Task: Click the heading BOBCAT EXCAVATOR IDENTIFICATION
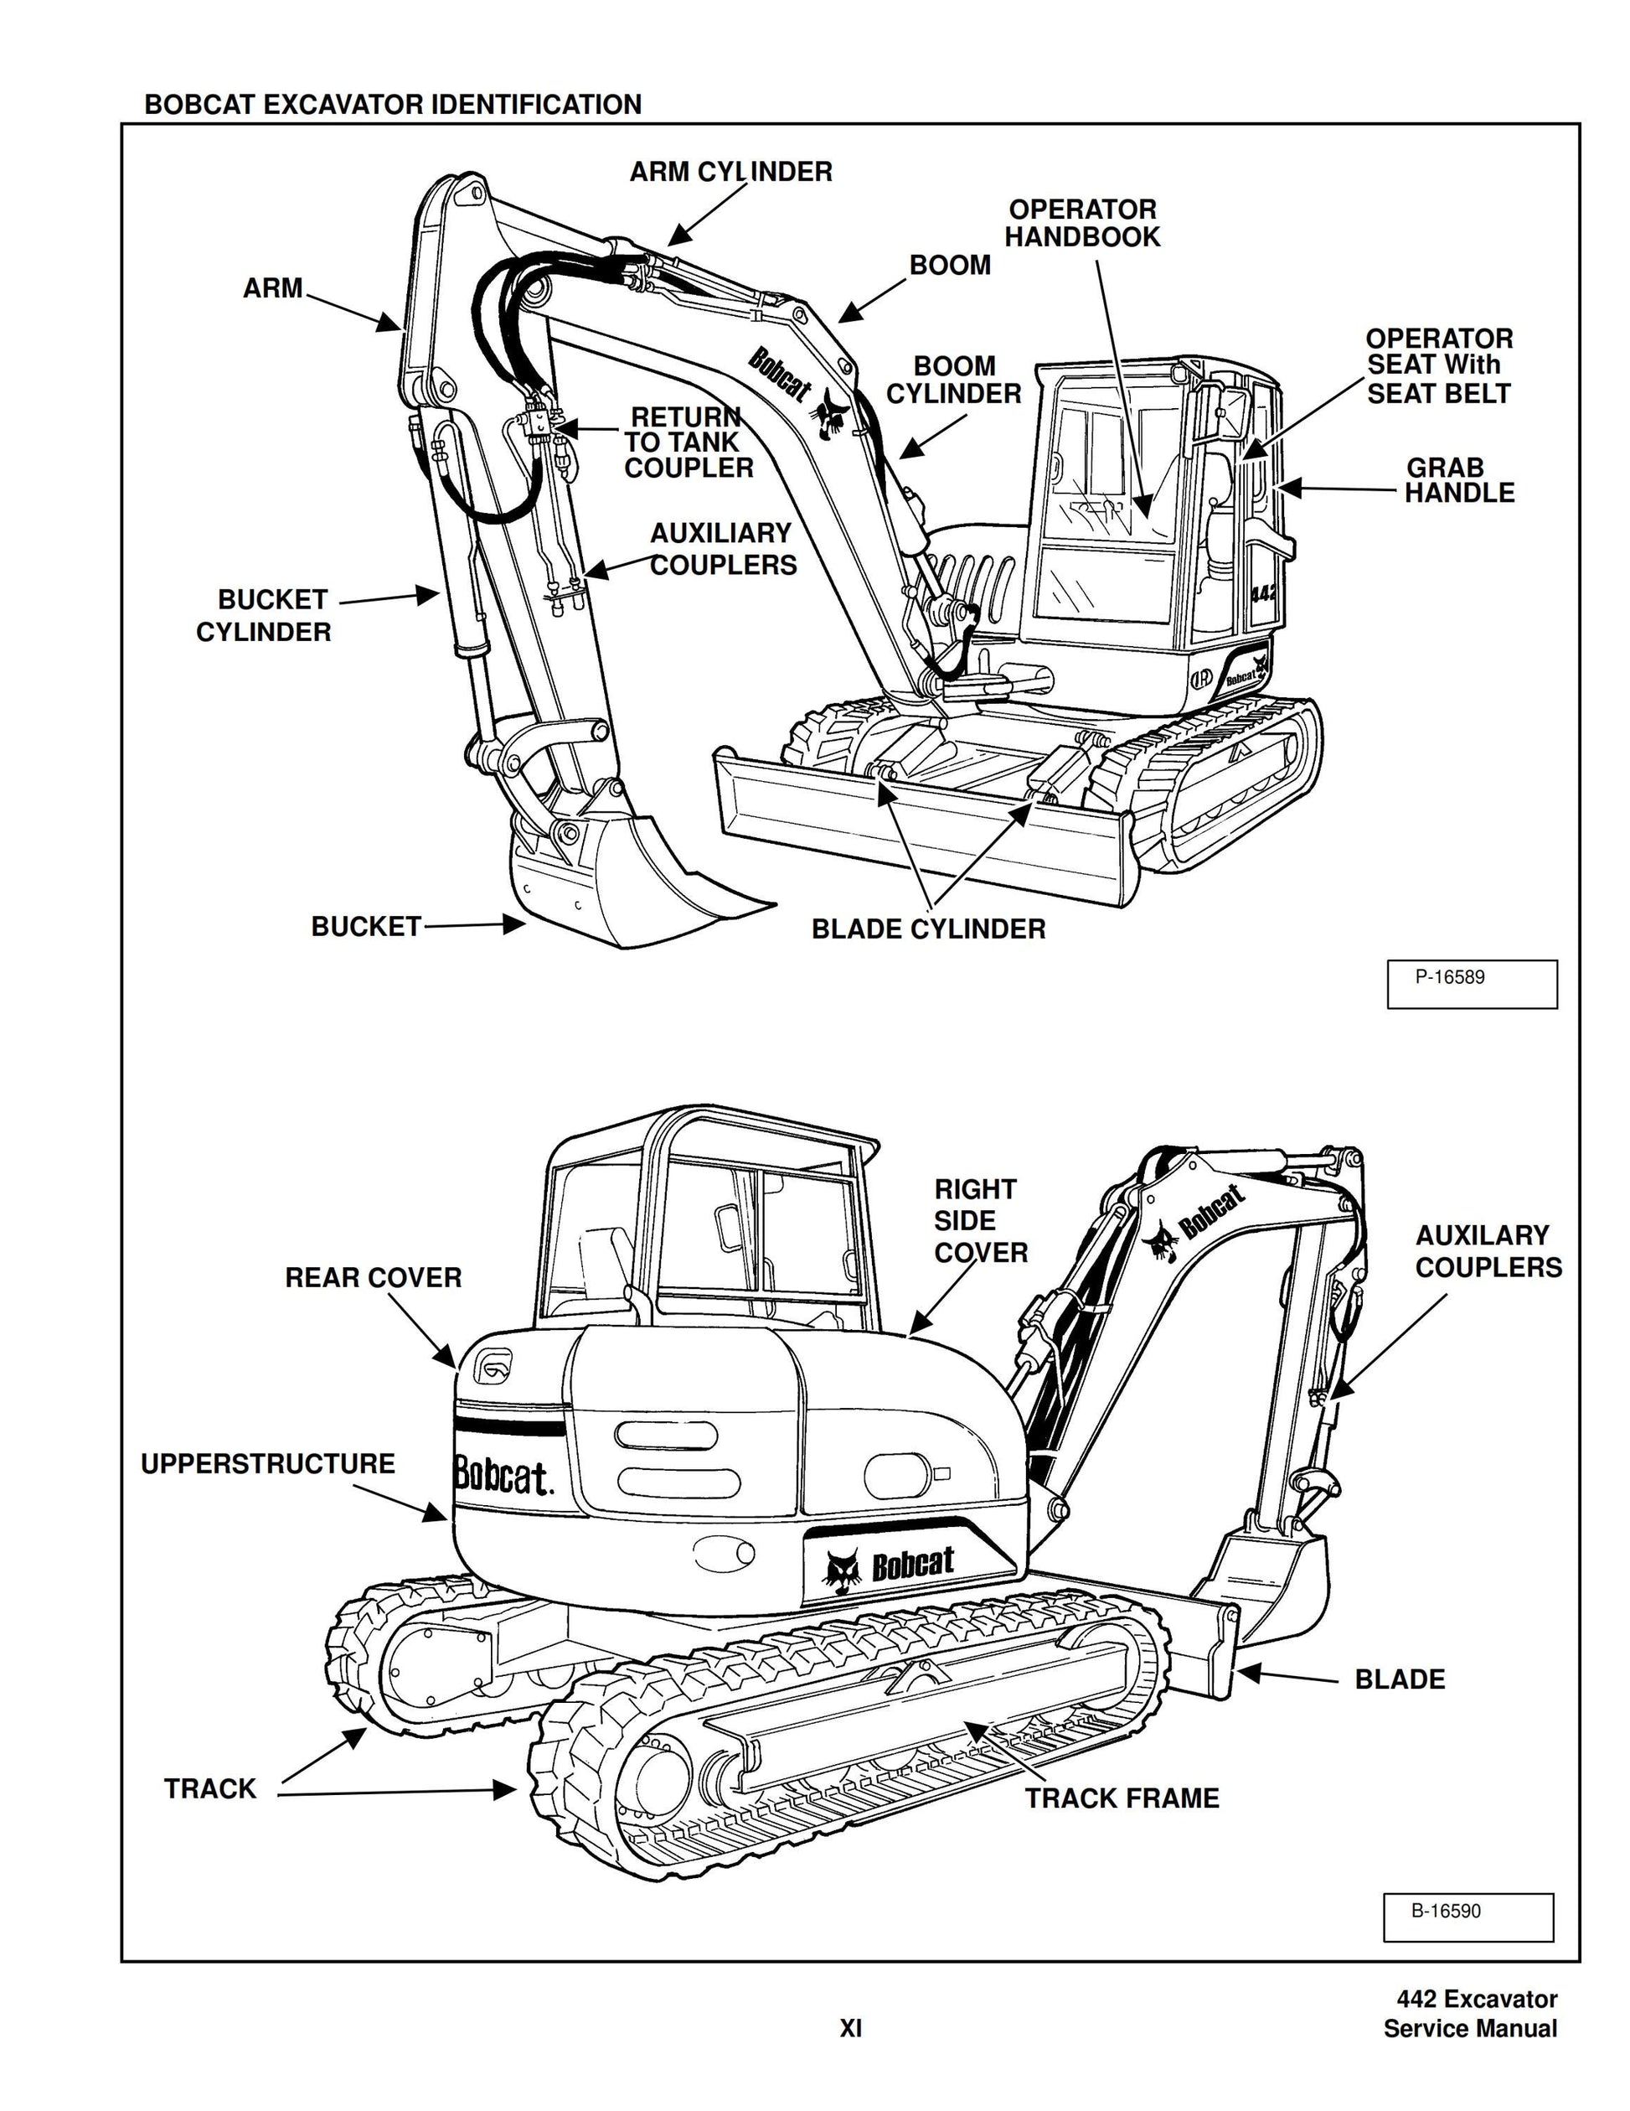(392, 105)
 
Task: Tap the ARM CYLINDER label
(730, 172)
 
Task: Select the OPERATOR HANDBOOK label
(1081, 223)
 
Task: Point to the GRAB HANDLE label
(1458, 480)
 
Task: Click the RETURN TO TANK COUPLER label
(687, 442)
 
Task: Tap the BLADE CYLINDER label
(927, 930)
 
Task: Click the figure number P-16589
(1449, 977)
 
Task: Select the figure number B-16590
(1446, 1911)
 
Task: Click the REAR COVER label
(373, 1278)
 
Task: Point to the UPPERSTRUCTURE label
(268, 1463)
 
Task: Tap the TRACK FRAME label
(1121, 1798)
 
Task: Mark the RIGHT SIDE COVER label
(980, 1221)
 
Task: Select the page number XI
(849, 2029)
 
